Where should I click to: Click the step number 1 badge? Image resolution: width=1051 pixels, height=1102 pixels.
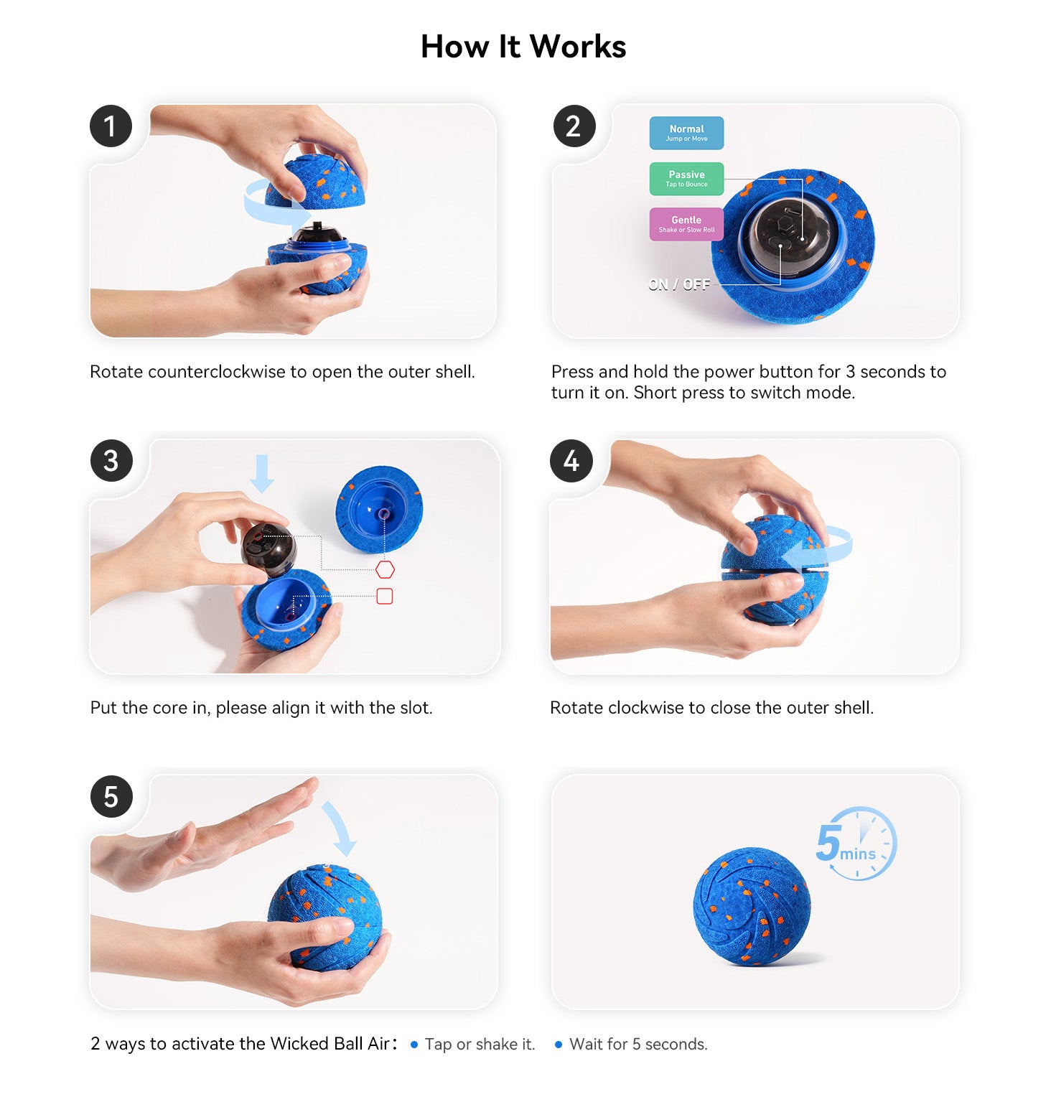tap(111, 126)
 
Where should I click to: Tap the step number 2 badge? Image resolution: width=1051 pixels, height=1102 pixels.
tap(574, 126)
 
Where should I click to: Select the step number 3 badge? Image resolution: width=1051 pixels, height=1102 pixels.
tap(111, 461)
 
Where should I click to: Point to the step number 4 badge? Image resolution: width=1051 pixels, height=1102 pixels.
tap(571, 461)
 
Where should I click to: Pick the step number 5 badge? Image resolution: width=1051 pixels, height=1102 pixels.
tap(111, 796)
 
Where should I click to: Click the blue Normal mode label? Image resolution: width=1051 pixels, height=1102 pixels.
tap(686, 133)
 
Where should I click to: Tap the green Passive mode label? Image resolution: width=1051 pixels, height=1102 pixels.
tap(686, 179)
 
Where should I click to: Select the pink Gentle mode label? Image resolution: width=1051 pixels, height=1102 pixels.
tap(686, 224)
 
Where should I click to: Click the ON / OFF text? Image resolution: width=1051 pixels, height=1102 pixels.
tap(678, 285)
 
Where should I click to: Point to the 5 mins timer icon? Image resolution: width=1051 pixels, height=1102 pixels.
tap(857, 844)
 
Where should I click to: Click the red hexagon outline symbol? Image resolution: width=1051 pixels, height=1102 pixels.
tap(385, 570)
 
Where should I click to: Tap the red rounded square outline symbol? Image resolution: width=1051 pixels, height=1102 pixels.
tap(385, 596)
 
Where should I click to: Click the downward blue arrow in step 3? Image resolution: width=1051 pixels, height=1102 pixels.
tap(262, 473)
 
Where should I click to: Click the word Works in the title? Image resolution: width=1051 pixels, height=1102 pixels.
tap(578, 47)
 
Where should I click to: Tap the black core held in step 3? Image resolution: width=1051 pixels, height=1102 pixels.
tap(268, 550)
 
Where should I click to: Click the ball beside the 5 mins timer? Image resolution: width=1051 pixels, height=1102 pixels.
tap(752, 907)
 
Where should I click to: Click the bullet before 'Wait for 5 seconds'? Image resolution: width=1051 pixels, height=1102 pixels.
tap(559, 1045)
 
